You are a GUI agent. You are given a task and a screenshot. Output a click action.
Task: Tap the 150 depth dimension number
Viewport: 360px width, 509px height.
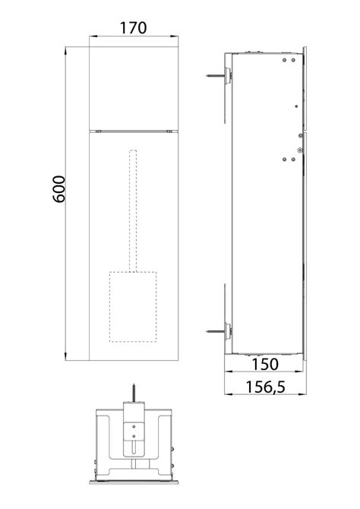pyautogui.click(x=266, y=365)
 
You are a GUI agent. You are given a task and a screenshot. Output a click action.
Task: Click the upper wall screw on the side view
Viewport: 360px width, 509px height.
pyautogui.click(x=218, y=76)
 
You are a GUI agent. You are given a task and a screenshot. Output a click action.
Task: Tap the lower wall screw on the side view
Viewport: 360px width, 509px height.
pyautogui.click(x=218, y=331)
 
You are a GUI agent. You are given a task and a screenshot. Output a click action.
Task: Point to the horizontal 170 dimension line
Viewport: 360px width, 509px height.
pyautogui.click(x=133, y=37)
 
